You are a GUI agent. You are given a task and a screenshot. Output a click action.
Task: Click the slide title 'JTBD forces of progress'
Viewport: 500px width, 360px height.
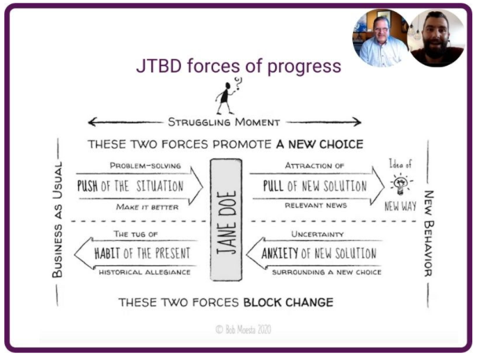239,65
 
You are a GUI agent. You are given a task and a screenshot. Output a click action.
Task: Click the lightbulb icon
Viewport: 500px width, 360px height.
400,185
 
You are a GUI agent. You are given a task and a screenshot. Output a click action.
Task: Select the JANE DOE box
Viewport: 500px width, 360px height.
226,220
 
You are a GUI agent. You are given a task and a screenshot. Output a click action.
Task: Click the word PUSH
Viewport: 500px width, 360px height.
87,186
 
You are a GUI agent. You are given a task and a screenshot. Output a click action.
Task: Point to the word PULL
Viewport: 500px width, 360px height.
273,186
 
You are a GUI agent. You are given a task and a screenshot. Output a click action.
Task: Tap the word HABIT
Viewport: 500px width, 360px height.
107,253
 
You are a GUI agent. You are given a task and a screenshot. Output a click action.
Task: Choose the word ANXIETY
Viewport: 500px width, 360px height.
280,253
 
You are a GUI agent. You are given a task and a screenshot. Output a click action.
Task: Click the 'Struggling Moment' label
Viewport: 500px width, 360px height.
224,122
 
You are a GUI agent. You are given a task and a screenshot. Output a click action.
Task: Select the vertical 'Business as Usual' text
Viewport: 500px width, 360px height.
57,220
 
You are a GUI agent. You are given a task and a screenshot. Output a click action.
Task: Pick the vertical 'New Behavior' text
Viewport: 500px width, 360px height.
428,234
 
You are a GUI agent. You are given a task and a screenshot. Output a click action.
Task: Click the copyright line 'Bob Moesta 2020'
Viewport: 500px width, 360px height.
243,329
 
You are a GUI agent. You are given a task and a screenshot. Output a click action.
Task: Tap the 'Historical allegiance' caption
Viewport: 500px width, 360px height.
144,272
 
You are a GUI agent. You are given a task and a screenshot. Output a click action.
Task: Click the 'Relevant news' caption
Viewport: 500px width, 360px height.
315,205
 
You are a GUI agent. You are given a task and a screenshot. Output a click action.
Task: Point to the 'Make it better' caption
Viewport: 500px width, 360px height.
147,207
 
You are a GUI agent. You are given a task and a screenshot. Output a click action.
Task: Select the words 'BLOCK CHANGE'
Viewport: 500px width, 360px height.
288,302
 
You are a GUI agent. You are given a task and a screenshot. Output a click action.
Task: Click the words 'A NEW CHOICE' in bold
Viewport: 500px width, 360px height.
320,144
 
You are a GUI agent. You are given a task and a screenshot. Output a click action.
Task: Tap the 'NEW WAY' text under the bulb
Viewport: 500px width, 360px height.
400,206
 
